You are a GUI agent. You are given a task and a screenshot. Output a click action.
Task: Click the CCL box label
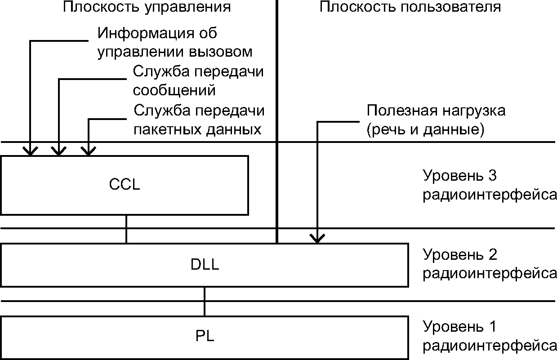[125, 185]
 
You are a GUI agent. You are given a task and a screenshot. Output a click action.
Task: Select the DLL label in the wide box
[205, 265]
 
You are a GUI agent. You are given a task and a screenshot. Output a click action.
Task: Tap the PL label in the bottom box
[205, 336]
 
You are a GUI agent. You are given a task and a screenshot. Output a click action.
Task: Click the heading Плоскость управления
[147, 7]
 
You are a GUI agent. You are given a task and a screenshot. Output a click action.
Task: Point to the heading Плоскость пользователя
[410, 7]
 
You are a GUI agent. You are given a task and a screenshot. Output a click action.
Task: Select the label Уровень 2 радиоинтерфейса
[489, 264]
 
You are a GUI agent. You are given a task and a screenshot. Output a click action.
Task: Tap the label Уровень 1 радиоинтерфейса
[489, 336]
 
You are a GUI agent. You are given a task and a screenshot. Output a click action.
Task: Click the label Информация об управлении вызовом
[175, 42]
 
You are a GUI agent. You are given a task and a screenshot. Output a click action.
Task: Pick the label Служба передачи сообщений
[198, 81]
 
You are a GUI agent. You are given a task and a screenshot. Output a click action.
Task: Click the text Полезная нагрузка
[436, 111]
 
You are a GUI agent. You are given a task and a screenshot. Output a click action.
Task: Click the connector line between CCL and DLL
[126, 229]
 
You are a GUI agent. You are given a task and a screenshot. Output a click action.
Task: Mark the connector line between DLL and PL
[205, 302]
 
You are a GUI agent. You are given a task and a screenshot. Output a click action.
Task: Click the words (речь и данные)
[425, 129]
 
